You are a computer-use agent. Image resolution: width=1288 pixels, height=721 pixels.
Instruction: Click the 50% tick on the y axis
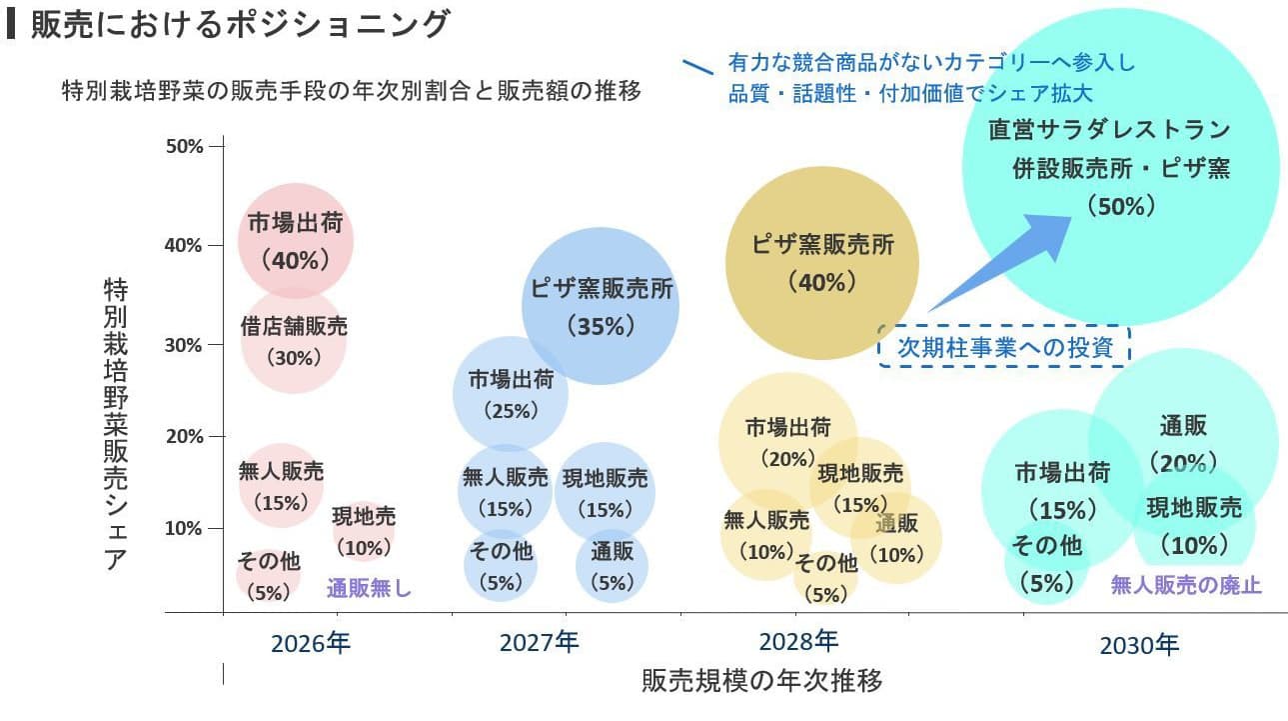pos(185,146)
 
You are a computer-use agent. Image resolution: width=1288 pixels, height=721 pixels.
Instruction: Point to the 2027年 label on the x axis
pos(539,642)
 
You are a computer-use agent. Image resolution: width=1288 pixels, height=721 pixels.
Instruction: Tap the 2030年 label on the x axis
pos(1139,645)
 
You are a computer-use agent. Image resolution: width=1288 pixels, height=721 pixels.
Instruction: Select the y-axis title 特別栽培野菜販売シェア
pos(116,424)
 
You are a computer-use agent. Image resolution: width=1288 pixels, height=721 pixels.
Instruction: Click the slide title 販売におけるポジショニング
pos(240,25)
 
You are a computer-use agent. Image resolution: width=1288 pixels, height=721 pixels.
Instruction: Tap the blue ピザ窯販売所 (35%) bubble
pos(601,306)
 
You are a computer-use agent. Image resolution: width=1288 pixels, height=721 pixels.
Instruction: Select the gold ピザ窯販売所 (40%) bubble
pos(821,262)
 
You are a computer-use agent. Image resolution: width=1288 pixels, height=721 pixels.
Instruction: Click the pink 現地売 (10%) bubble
pos(364,531)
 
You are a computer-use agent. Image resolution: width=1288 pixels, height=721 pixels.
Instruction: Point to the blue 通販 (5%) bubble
pos(612,566)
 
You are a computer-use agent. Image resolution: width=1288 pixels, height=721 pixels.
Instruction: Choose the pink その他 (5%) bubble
pos(268,576)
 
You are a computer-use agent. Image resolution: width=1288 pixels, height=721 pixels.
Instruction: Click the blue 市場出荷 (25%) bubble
pos(511,393)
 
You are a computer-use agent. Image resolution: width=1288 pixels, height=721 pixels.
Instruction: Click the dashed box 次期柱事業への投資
pos(1003,347)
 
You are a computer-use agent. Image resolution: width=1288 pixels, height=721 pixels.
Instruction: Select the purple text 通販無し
pos(369,588)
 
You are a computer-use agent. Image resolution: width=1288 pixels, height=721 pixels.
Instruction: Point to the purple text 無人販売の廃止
pos(1186,585)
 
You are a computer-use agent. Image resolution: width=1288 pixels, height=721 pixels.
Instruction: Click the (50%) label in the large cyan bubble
pos(1120,207)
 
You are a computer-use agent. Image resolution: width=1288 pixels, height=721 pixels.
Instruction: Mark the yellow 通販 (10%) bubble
pos(902,540)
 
